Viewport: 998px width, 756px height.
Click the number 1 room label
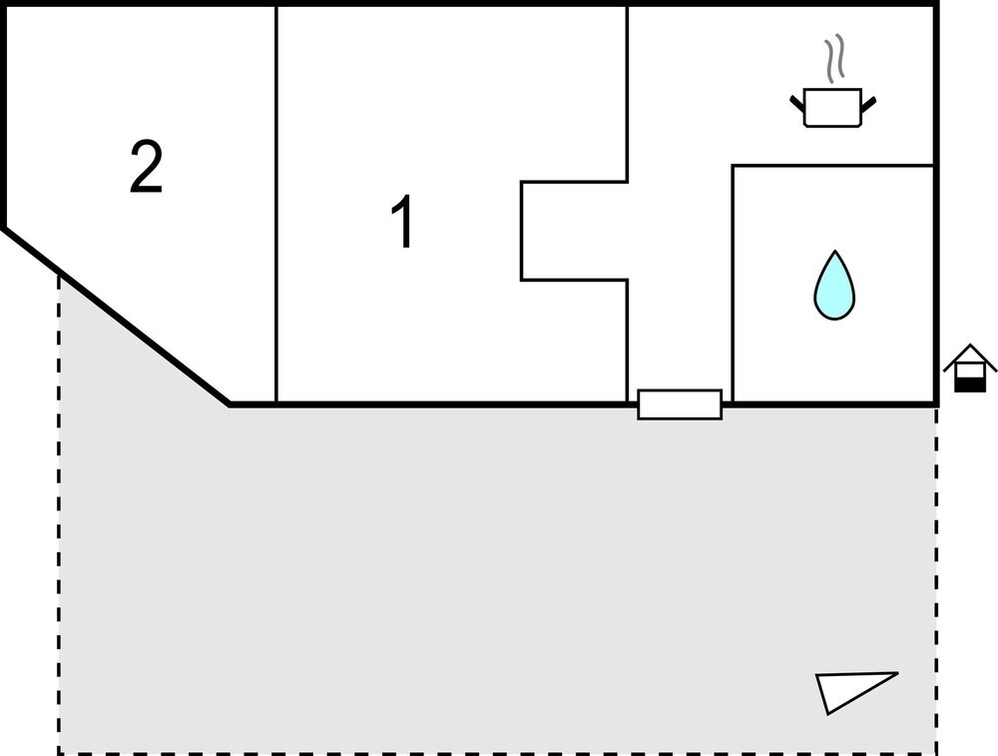point(402,221)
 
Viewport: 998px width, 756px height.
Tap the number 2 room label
point(147,166)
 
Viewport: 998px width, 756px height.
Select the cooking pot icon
point(832,108)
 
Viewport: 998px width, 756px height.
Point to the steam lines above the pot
point(834,59)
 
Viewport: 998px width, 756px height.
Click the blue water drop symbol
point(834,286)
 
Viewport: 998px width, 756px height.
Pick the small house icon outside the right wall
point(970,369)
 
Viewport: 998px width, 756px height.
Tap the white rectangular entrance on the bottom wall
point(680,404)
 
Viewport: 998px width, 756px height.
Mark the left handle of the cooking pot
point(797,103)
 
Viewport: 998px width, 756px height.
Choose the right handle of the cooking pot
point(868,103)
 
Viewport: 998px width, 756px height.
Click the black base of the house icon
point(970,384)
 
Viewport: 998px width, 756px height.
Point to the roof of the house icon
point(970,357)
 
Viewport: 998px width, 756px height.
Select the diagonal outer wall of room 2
point(117,316)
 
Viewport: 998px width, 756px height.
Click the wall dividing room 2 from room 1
point(276,204)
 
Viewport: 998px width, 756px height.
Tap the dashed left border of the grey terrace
point(59,513)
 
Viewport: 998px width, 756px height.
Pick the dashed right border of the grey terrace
point(937,580)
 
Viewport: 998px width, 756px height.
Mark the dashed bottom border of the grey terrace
point(498,753)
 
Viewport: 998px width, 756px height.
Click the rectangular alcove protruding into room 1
point(574,231)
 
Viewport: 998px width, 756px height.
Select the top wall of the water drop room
point(833,166)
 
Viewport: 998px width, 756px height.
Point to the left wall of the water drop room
point(733,284)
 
